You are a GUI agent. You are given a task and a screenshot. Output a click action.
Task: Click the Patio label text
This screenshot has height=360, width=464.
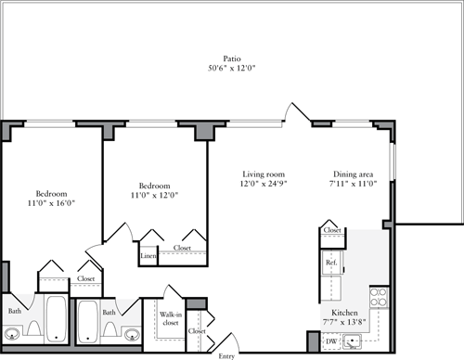click(x=219, y=57)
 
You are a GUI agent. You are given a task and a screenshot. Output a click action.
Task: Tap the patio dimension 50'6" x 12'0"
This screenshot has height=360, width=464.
click(x=219, y=68)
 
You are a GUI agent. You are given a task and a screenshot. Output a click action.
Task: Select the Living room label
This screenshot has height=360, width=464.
click(x=264, y=174)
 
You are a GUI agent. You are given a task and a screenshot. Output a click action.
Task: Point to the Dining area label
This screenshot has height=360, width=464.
click(x=355, y=174)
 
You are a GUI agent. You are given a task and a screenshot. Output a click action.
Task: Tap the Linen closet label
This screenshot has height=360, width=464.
click(x=148, y=255)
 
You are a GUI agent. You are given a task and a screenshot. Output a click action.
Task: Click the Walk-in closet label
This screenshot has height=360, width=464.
click(x=170, y=319)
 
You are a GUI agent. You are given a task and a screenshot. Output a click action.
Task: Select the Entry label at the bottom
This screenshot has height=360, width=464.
click(x=226, y=354)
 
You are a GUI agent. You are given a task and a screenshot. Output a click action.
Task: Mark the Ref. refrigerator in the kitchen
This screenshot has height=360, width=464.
click(x=330, y=264)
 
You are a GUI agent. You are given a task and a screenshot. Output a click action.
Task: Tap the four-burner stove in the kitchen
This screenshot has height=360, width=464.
click(x=379, y=298)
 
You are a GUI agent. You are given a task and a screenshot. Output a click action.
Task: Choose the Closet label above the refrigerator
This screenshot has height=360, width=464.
click(x=331, y=230)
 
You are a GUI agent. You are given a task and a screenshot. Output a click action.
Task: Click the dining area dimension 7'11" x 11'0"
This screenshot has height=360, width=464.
click(x=355, y=184)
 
